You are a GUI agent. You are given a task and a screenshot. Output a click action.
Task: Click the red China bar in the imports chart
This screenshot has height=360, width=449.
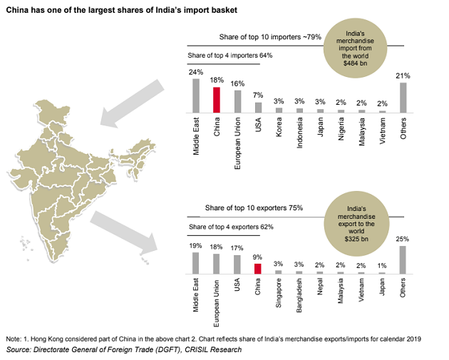(217, 100)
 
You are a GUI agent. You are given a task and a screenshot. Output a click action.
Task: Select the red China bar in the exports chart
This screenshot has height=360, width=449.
(258, 269)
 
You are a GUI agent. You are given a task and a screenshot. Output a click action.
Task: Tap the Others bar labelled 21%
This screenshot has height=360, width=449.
(403, 98)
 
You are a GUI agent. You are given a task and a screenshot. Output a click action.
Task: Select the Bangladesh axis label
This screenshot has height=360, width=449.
(300, 296)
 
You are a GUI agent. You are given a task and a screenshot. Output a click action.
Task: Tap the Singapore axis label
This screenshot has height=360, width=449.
(279, 294)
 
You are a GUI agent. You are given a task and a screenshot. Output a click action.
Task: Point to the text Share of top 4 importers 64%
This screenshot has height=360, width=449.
(229, 55)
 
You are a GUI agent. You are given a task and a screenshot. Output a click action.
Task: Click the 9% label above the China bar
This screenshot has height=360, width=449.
(258, 257)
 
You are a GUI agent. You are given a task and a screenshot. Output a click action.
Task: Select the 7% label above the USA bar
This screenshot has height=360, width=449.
(258, 96)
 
